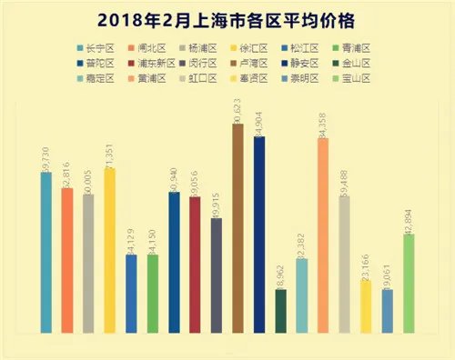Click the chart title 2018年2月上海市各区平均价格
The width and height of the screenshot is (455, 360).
(x=227, y=19)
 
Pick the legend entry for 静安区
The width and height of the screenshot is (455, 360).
(x=303, y=64)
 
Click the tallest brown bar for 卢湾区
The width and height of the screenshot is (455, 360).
(x=238, y=227)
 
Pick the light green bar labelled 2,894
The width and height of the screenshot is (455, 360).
(x=409, y=283)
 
